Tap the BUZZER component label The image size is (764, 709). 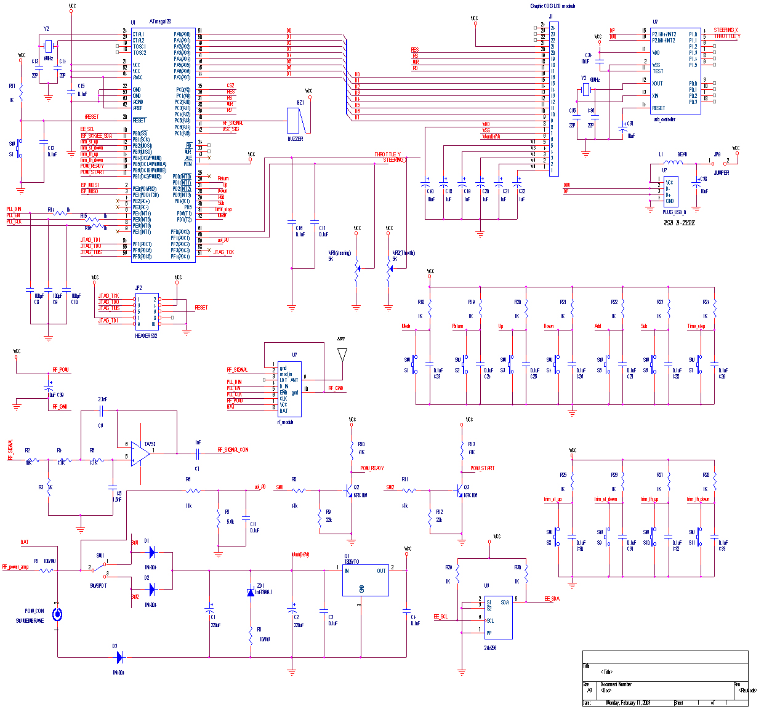[296, 139]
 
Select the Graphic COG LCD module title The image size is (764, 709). [552, 6]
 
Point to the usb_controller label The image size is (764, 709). [664, 119]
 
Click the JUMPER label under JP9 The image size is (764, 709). [721, 173]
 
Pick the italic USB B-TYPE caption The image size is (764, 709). [679, 222]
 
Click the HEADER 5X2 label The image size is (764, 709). [147, 336]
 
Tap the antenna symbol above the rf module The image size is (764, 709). [342, 356]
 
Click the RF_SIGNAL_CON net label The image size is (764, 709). [233, 450]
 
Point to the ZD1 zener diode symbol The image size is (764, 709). [251, 591]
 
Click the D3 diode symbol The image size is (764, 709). [119, 657]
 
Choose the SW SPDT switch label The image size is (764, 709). [98, 585]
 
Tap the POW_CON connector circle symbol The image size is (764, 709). [57, 614]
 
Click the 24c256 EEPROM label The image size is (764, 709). [491, 648]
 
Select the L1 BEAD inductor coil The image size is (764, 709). [674, 163]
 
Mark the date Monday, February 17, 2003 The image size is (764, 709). [629, 702]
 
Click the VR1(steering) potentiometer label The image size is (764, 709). [339, 253]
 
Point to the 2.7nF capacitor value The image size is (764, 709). [102, 399]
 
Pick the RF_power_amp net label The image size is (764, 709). [15, 567]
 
